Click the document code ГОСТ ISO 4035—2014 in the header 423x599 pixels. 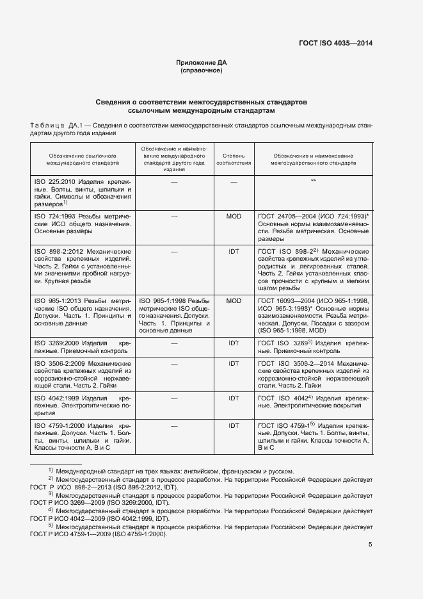pyautogui.click(x=335, y=44)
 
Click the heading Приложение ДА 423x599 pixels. pyautogui.click(x=202, y=62)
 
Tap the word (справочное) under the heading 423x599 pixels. pyautogui.click(x=202, y=70)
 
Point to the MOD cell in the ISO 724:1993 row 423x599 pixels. pyautogui.click(x=234, y=217)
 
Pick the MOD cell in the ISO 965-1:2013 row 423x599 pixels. pyautogui.click(x=234, y=300)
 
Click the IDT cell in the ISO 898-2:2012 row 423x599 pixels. pyautogui.click(x=234, y=252)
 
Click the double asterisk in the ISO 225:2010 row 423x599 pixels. pyautogui.click(x=313, y=182)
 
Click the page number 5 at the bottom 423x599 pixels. pyautogui.click(x=371, y=545)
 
